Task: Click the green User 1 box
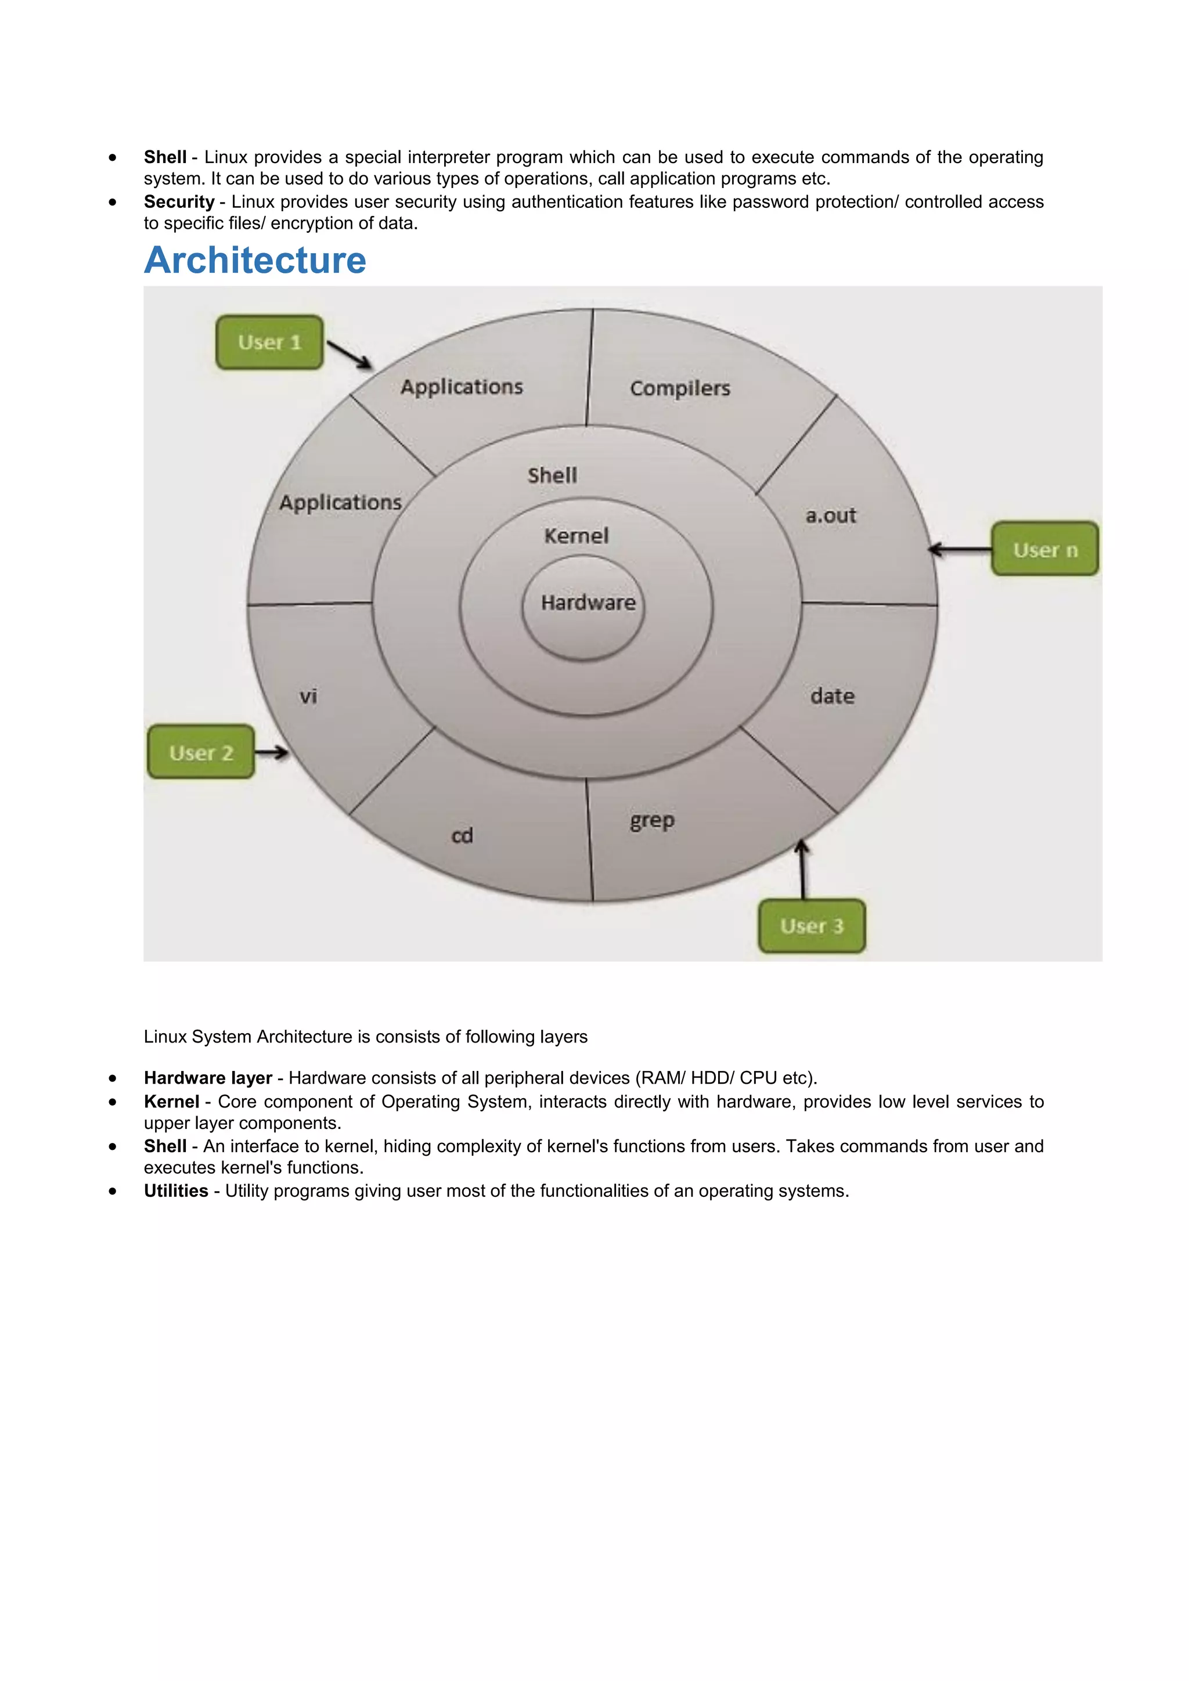[269, 342]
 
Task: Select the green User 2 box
[201, 752]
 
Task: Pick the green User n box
[1045, 549]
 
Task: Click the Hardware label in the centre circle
[588, 603]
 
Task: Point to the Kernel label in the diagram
[576, 536]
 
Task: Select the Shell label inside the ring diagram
[552, 475]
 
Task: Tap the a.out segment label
[830, 515]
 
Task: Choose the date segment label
[832, 695]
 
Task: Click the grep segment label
[651, 821]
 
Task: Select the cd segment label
[462, 835]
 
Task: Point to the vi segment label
[308, 695]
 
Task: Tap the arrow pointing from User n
[960, 549]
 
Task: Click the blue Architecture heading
[255, 260]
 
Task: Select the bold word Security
[179, 202]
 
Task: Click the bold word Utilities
[176, 1191]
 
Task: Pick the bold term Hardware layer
[208, 1078]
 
